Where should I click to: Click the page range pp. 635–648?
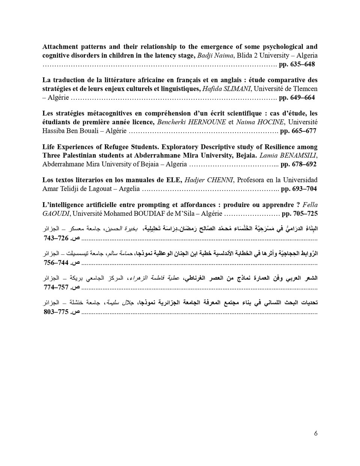pos(297,64)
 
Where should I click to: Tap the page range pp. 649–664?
pos(297,98)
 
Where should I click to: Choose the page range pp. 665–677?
pos(298,131)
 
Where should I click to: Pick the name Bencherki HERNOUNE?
pos(191,122)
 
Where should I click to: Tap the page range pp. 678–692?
pos(298,164)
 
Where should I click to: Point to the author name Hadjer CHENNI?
pos(209,180)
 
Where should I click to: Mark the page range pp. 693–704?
pos(298,189)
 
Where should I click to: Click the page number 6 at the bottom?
pos(316,433)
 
